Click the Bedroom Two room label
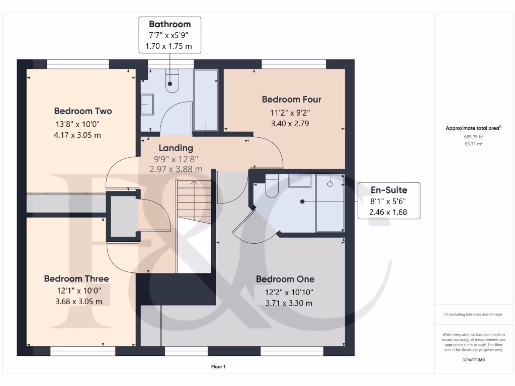[x=83, y=111]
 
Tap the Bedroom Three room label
[x=76, y=278]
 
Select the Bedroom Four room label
[x=291, y=100]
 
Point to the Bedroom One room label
[x=285, y=279]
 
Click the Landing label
[x=176, y=148]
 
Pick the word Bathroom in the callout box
[x=169, y=24]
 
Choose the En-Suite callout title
[x=388, y=190]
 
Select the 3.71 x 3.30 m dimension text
[x=289, y=303]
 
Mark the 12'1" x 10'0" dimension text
[x=76, y=291]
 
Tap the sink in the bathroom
[x=147, y=105]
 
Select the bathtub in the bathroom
[x=206, y=101]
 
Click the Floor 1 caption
[x=218, y=367]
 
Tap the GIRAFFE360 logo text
[x=474, y=360]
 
